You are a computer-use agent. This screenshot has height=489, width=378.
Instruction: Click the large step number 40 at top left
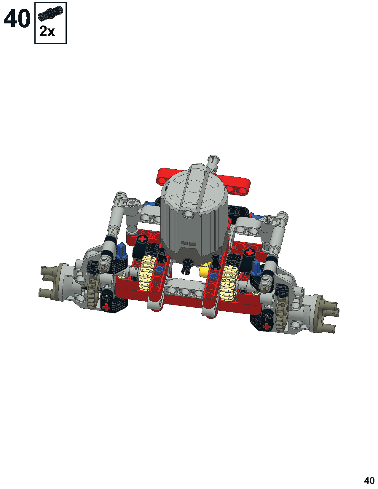(x=17, y=18)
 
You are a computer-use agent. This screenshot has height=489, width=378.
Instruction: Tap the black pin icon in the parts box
(x=51, y=12)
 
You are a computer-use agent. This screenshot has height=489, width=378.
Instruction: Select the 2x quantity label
(x=47, y=31)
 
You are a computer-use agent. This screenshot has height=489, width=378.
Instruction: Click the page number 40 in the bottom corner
(x=369, y=479)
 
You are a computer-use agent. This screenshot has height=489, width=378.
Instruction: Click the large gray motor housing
(x=194, y=214)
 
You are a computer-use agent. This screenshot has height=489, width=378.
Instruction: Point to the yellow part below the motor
(x=204, y=271)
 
